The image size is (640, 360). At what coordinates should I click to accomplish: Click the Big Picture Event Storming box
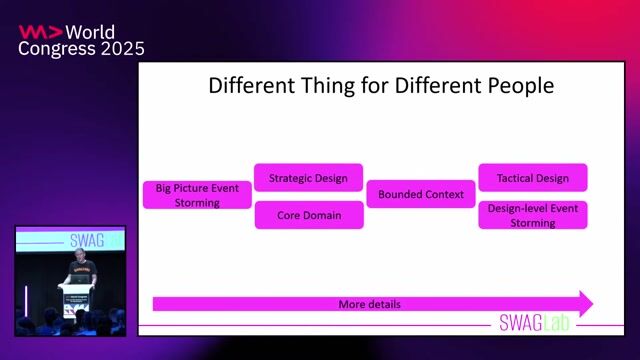196,194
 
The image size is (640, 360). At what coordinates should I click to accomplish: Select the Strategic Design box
308,178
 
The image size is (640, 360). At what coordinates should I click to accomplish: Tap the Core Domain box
308,215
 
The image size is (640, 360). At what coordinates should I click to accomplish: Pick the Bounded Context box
421,194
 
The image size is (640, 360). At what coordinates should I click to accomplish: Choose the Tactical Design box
532,178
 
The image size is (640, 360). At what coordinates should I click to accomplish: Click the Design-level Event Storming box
532,215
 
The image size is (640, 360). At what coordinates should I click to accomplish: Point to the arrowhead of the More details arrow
585,303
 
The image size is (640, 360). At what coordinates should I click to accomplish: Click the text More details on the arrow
370,303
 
